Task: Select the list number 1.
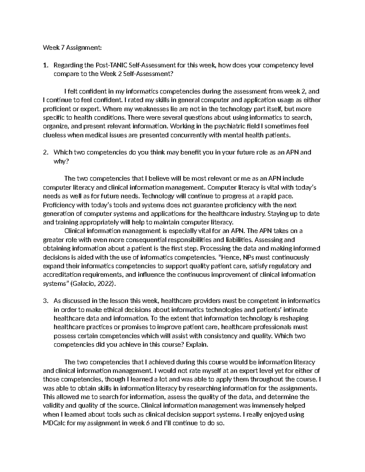click(x=45, y=65)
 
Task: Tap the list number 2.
click(x=45, y=152)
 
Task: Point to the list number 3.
click(x=45, y=301)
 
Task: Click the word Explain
click(x=197, y=345)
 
